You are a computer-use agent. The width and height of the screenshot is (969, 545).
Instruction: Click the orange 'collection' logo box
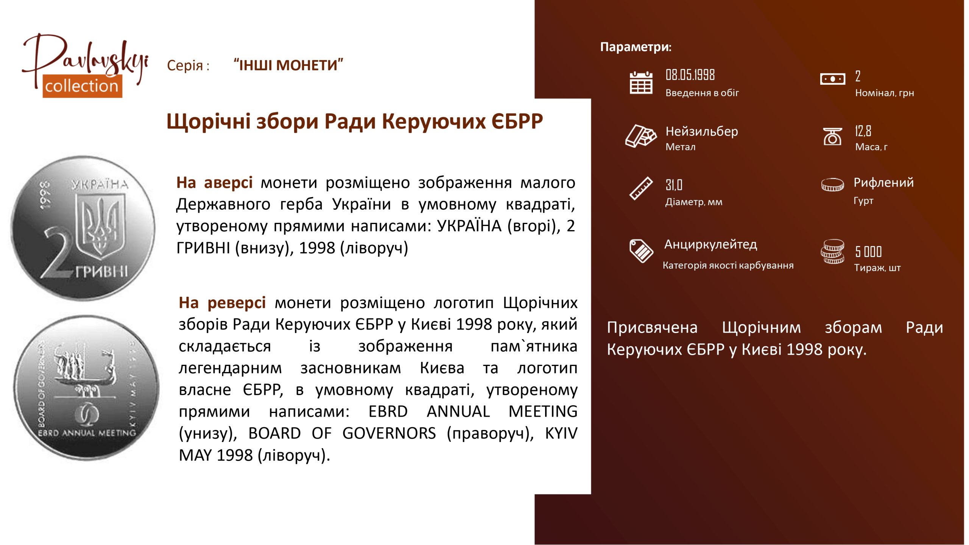(x=82, y=86)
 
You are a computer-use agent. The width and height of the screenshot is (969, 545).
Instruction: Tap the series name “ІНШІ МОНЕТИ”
(x=288, y=65)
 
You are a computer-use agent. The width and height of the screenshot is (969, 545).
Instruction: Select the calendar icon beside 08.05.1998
(x=641, y=83)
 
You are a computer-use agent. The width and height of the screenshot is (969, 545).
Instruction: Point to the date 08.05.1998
(x=690, y=75)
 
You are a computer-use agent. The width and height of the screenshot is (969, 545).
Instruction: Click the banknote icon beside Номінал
(x=832, y=79)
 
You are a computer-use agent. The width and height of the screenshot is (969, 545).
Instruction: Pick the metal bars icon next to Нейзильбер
(x=641, y=135)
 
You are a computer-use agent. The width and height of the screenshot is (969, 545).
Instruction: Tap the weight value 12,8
(x=863, y=131)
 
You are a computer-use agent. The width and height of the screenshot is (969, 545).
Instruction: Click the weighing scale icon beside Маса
(x=832, y=136)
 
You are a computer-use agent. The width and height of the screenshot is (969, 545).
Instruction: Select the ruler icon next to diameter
(x=641, y=188)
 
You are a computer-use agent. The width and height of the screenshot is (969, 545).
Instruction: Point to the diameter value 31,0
(x=674, y=185)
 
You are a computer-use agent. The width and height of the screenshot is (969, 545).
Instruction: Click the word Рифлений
(x=883, y=182)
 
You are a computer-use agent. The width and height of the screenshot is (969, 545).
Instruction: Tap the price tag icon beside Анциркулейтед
(x=641, y=251)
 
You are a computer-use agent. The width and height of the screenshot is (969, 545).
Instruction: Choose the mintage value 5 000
(x=868, y=251)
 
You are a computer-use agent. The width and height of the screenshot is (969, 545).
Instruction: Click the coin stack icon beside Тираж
(x=832, y=252)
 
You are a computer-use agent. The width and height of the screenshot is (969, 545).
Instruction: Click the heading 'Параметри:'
(x=636, y=47)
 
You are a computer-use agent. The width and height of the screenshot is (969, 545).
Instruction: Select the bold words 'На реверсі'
(x=222, y=303)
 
